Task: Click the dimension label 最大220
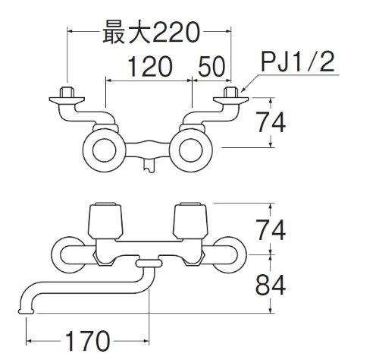pyautogui.click(x=151, y=32)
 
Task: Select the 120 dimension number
pyautogui.click(x=150, y=66)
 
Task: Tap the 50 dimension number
pyautogui.click(x=211, y=66)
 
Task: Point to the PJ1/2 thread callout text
pyautogui.click(x=298, y=62)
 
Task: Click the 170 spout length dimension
pyautogui.click(x=88, y=341)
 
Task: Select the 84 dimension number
pyautogui.click(x=271, y=285)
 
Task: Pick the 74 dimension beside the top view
pyautogui.click(x=271, y=122)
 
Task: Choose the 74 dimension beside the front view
pyautogui.click(x=271, y=230)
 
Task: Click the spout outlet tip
pyautogui.click(x=26, y=311)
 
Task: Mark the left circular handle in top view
pyautogui.click(x=104, y=150)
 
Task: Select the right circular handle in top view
pyautogui.click(x=190, y=150)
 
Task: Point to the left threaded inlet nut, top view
pyautogui.click(x=67, y=92)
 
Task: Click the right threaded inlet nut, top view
pyautogui.click(x=231, y=92)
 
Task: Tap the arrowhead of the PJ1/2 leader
pyautogui.click(x=243, y=90)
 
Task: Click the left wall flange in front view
pyautogui.click(x=66, y=255)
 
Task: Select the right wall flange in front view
pyautogui.click(x=230, y=255)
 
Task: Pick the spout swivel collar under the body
pyautogui.click(x=149, y=264)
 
